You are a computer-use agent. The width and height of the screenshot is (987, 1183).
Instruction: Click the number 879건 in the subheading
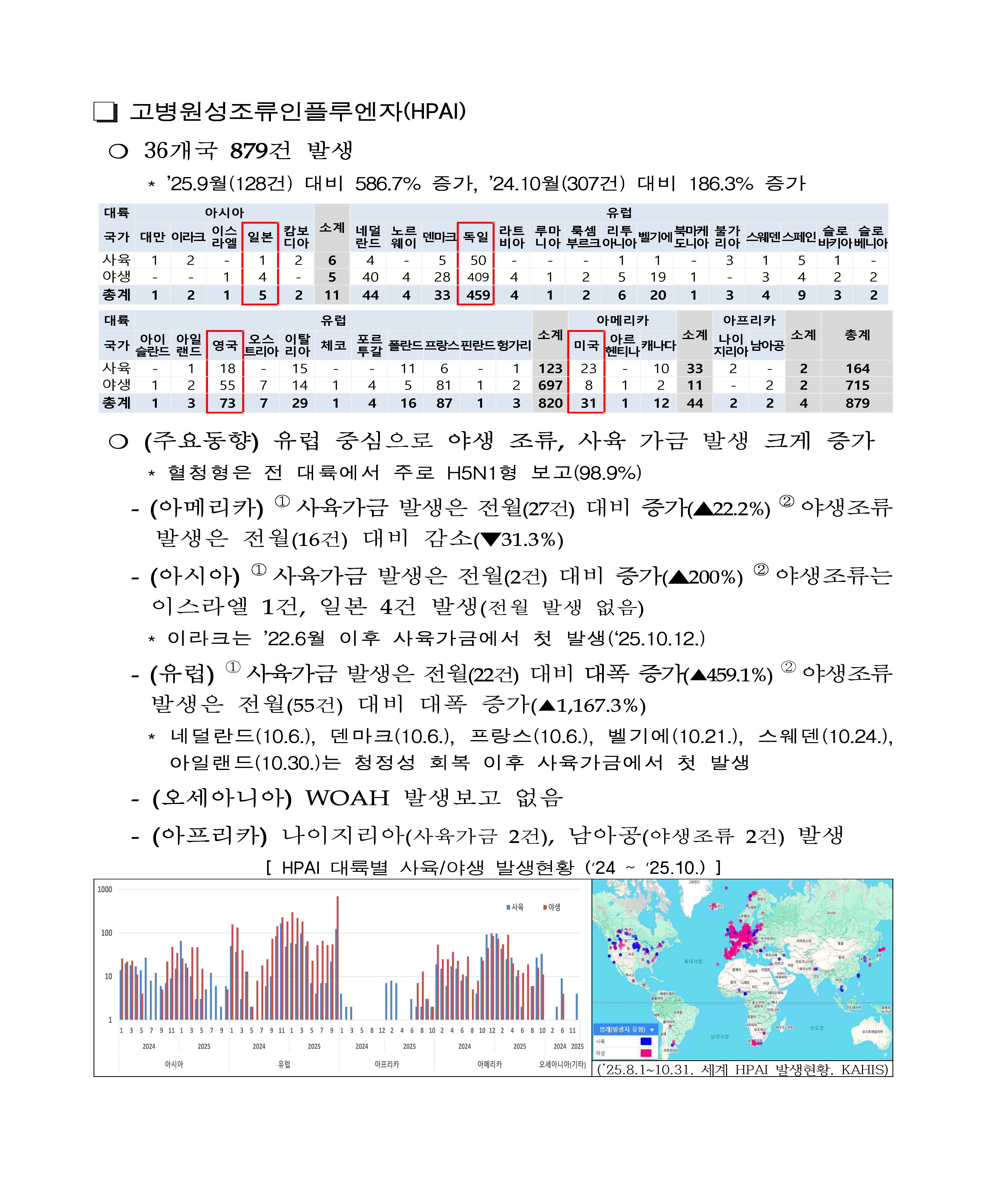click(x=259, y=150)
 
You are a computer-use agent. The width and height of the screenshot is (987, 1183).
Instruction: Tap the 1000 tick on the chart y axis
click(x=105, y=890)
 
